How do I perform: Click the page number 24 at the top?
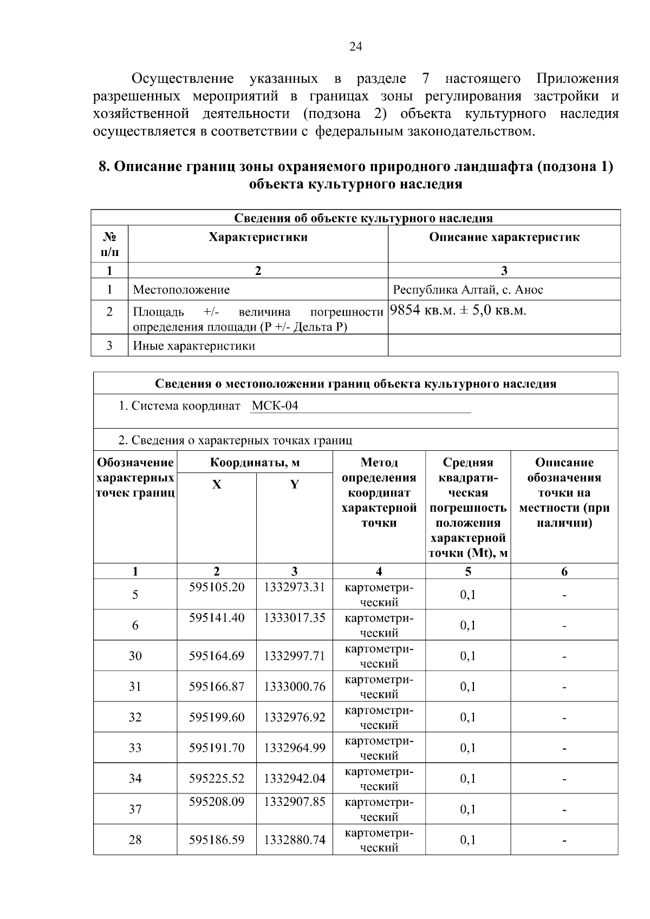355,47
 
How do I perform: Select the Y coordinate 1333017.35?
294,618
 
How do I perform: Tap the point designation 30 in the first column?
135,656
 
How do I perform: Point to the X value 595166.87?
217,687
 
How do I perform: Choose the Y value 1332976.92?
294,717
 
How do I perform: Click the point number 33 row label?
135,748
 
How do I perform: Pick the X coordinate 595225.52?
217,778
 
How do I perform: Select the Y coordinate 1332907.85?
294,802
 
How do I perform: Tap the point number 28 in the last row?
135,840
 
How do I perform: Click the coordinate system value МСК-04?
275,406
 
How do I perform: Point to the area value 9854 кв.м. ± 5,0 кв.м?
458,311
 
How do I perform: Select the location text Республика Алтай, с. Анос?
467,290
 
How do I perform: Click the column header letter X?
217,485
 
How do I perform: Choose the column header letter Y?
294,485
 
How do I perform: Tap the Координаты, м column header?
255,463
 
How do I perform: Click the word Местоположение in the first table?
181,290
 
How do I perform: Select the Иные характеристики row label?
194,346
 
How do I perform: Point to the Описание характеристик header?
504,237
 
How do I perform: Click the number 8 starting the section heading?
102,167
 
